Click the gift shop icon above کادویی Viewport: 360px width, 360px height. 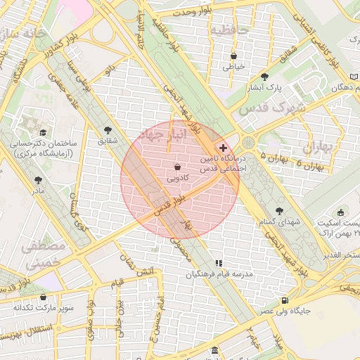pyautogui.click(x=176, y=167)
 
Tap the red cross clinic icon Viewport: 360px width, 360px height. pyautogui.click(x=224, y=148)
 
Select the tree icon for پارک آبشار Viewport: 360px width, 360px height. pyautogui.click(x=264, y=77)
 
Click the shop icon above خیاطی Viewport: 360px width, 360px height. pyautogui.click(x=233, y=56)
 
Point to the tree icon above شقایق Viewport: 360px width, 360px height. pyautogui.click(x=108, y=130)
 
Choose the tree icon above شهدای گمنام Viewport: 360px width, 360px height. pyautogui.click(x=280, y=210)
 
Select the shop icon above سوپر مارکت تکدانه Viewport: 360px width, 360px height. pyautogui.click(x=44, y=297)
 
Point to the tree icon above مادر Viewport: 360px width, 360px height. pyautogui.click(x=38, y=180)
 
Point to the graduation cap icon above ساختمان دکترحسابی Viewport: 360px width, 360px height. pyautogui.click(x=44, y=132)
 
